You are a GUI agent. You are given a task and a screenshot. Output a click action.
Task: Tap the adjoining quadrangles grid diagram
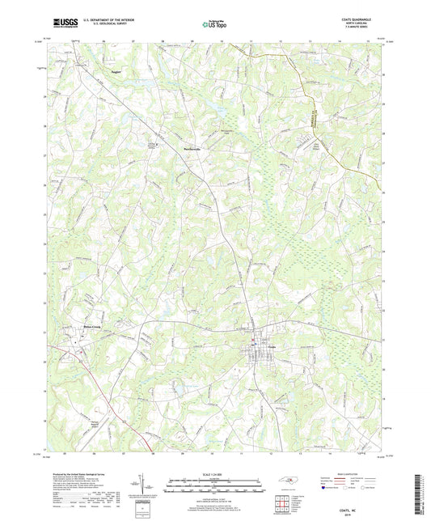(x=282, y=504)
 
